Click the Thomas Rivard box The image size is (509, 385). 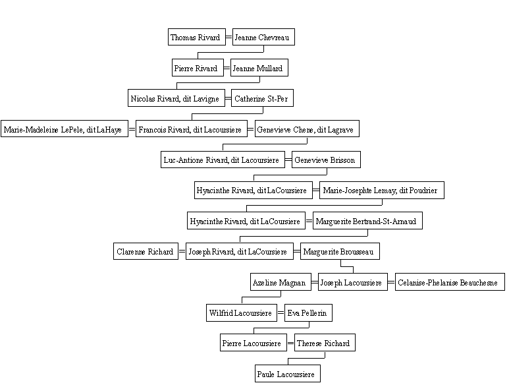click(x=197, y=37)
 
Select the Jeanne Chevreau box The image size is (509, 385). click(x=263, y=37)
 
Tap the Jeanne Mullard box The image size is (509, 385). click(x=259, y=68)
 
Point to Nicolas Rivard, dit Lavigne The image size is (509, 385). click(x=176, y=98)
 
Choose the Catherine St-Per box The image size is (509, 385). click(x=262, y=98)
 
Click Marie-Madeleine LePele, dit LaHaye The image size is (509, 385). click(x=65, y=129)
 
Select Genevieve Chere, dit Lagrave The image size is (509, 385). click(x=307, y=129)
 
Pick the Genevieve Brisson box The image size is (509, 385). click(x=326, y=160)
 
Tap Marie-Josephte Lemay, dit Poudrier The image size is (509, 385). click(x=382, y=190)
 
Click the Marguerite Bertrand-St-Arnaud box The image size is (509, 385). click(x=368, y=221)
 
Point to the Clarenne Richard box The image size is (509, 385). click(x=146, y=251)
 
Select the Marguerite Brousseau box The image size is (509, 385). click(x=340, y=251)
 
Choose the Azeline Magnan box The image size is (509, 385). click(x=281, y=281)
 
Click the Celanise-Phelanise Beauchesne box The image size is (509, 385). click(x=450, y=281)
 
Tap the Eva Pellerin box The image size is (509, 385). click(x=308, y=312)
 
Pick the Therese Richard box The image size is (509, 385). click(x=325, y=342)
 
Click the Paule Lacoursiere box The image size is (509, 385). click(x=288, y=373)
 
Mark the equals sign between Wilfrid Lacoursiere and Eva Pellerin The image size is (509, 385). click(x=281, y=313)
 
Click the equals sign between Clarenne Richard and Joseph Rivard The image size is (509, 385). click(x=182, y=251)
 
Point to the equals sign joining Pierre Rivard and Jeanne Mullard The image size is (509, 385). click(x=227, y=68)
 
